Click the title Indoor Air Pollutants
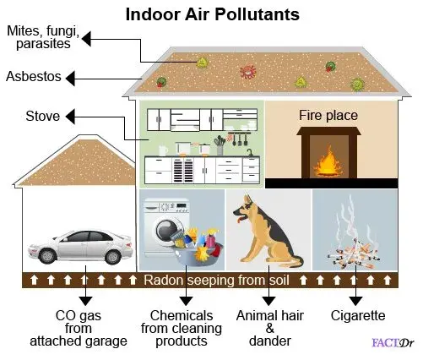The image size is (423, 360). click(213, 14)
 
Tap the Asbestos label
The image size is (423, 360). click(34, 76)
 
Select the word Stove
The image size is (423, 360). click(43, 116)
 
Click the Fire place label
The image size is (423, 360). click(328, 115)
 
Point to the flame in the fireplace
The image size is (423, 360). click(328, 162)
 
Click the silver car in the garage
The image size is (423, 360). click(80, 247)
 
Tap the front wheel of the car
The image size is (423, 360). click(47, 256)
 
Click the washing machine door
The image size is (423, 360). click(166, 230)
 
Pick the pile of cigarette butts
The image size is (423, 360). click(354, 254)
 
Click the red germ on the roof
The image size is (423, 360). click(248, 72)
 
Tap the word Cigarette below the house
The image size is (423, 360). click(358, 315)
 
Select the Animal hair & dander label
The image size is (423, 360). click(269, 328)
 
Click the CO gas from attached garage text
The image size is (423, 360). click(79, 328)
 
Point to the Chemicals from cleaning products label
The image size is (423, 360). click(182, 328)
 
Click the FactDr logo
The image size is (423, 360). click(393, 343)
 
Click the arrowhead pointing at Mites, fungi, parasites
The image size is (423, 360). click(86, 39)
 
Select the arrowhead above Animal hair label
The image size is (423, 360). click(268, 301)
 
